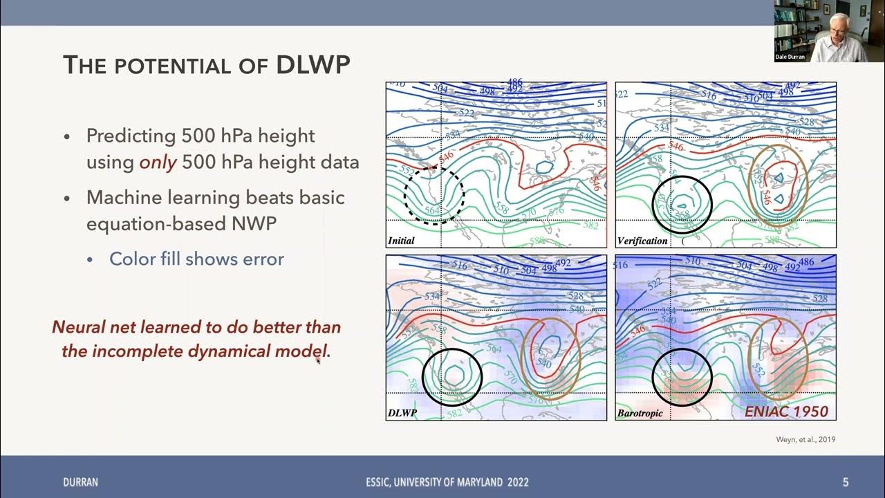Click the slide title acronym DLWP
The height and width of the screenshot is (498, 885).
(x=313, y=65)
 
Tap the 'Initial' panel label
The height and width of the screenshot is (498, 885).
(x=401, y=241)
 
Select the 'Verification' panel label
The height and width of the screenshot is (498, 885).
(x=642, y=241)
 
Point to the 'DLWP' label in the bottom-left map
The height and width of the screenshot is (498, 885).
(x=402, y=414)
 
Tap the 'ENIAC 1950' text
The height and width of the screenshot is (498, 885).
(x=786, y=412)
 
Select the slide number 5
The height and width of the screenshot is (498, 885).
(x=845, y=482)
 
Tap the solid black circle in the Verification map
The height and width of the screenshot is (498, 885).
(x=682, y=203)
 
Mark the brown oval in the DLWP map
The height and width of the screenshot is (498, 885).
(x=550, y=360)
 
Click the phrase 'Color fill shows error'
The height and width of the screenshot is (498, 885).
(x=196, y=259)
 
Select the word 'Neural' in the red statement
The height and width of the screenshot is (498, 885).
(x=77, y=326)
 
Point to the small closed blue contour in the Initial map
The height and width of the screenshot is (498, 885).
(x=544, y=167)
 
